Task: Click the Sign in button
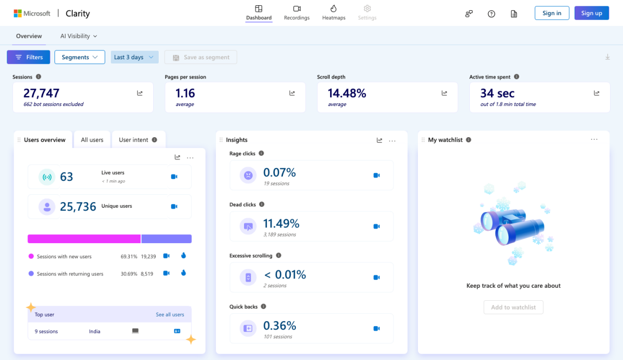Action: [552, 13]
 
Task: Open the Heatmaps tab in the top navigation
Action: [333, 13]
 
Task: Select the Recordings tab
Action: [296, 13]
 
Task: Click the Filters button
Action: [29, 57]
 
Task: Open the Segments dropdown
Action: [79, 57]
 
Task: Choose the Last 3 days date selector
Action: [134, 57]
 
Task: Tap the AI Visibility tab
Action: [79, 36]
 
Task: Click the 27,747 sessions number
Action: [42, 93]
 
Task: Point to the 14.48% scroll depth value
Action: [347, 93]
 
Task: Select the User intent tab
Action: [138, 140]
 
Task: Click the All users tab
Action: [92, 140]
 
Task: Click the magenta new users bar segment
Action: [84, 239]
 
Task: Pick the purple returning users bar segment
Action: [166, 239]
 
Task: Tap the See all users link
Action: [170, 314]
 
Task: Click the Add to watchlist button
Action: [513, 307]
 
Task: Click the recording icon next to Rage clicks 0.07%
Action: [376, 175]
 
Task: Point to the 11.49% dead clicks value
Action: [281, 223]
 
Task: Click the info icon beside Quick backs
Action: [263, 306]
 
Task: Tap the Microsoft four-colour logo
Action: [18, 14]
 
